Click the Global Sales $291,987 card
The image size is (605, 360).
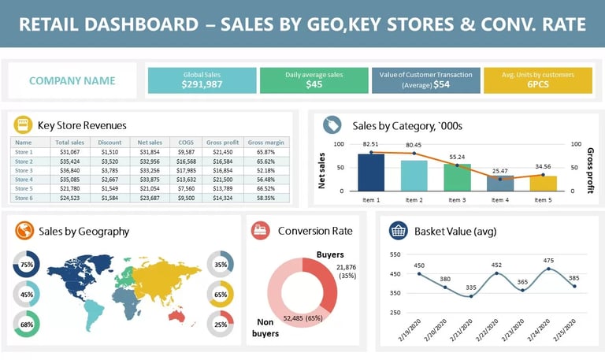pyautogui.click(x=202, y=80)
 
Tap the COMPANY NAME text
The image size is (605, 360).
pyautogui.click(x=72, y=80)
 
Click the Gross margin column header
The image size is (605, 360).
pyautogui.click(x=265, y=143)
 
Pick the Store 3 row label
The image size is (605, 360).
pyautogui.click(x=24, y=170)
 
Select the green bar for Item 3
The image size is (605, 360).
pyautogui.click(x=457, y=176)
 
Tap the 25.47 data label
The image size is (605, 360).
pyautogui.click(x=499, y=171)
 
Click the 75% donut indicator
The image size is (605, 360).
pyautogui.click(x=27, y=265)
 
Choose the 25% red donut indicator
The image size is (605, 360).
pyautogui.click(x=221, y=324)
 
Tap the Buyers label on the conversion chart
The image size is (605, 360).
pyautogui.click(x=330, y=254)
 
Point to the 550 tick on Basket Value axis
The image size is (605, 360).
pyautogui.click(x=396, y=254)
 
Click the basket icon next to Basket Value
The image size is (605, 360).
pyautogui.click(x=399, y=231)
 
